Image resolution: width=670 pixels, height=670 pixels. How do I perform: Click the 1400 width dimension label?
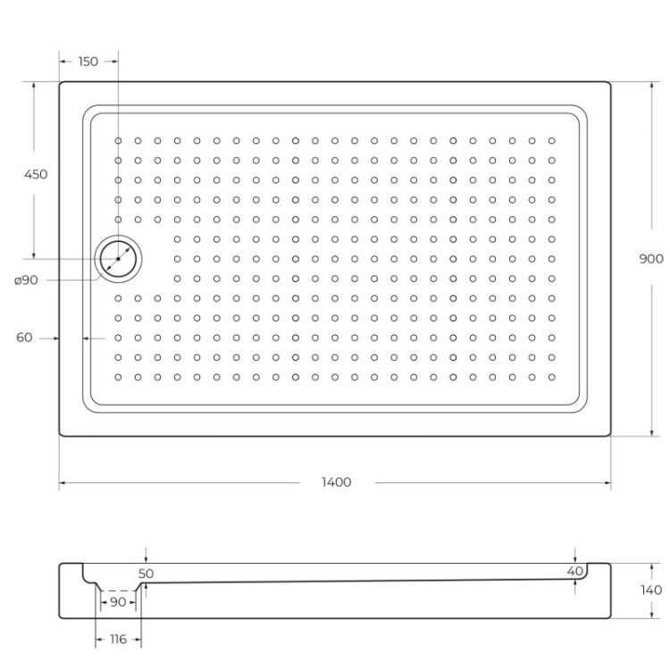(x=337, y=482)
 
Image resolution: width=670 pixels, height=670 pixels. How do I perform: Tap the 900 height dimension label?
(x=651, y=259)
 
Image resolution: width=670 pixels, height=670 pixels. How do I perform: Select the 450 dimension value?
(x=35, y=174)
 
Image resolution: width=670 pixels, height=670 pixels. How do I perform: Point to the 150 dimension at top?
(x=88, y=62)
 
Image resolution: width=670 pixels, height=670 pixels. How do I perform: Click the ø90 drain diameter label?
(x=26, y=281)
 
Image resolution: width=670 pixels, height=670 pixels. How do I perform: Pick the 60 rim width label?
(x=24, y=338)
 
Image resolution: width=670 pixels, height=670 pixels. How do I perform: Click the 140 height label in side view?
(x=651, y=590)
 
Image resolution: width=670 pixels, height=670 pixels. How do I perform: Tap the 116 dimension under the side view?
(x=118, y=639)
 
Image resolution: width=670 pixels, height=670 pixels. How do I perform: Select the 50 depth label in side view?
(x=147, y=574)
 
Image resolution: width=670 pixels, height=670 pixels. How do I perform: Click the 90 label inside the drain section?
(x=118, y=602)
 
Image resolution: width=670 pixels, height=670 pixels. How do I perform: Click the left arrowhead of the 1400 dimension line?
(x=63, y=482)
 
